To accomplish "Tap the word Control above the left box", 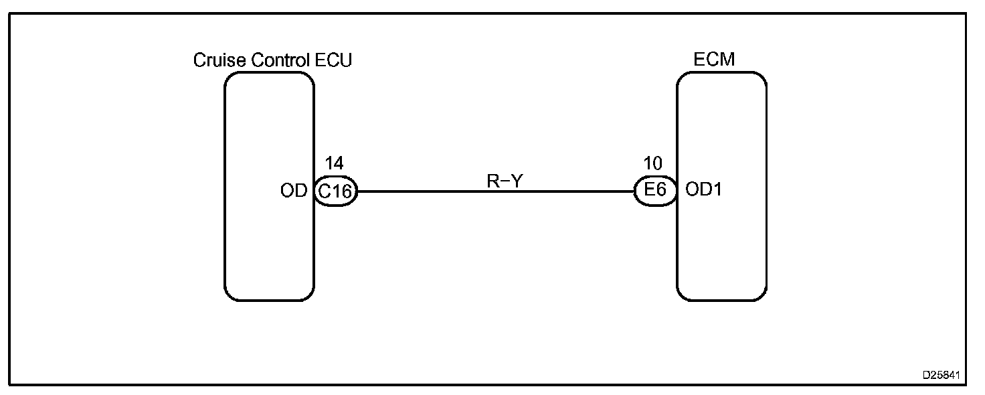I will [278, 60].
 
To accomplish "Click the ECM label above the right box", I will [714, 60].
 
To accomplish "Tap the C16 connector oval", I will [336, 191].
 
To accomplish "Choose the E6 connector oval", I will [654, 191].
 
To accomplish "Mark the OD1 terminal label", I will [703, 191].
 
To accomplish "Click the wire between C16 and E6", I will [495, 191].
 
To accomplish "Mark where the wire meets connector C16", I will [358, 191].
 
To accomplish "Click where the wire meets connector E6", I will [634, 191].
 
